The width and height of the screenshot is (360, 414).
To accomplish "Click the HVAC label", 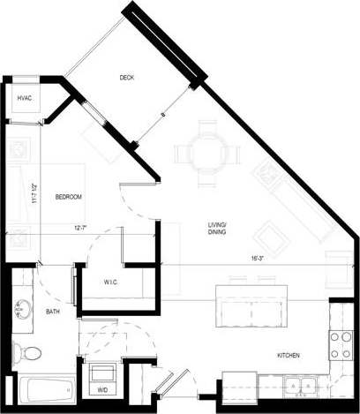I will click(x=24, y=98).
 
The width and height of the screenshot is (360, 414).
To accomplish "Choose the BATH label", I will click(x=53, y=312).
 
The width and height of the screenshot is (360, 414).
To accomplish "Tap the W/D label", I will click(x=102, y=387).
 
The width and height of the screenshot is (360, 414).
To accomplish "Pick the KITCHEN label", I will click(x=289, y=355).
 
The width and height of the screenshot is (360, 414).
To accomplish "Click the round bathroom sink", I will click(x=22, y=310).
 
